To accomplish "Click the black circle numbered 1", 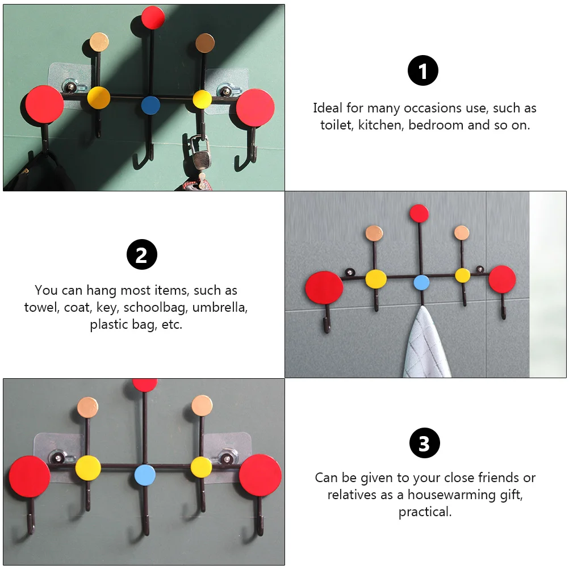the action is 422,70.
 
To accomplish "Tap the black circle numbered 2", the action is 142,254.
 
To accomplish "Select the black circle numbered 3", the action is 425,443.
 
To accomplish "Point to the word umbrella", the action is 220,307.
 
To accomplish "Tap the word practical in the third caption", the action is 425,512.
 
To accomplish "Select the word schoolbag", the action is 156,307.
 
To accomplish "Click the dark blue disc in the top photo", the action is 150,105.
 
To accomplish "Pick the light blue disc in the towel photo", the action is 421,283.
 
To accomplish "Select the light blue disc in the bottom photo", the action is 145,475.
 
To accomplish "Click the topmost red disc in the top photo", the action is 153,17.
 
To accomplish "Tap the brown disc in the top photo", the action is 205,43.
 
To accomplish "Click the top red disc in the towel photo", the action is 419,214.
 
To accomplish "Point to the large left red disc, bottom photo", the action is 30,477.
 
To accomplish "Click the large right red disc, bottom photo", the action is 260,475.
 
